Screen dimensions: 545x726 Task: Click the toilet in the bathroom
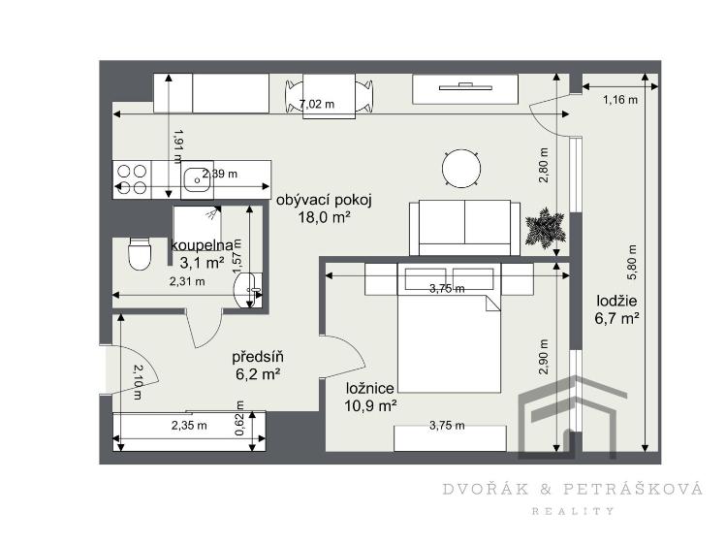click(141, 255)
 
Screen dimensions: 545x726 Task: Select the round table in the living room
click(461, 169)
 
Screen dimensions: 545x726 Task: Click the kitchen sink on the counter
click(197, 178)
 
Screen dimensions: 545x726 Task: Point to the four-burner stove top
click(132, 178)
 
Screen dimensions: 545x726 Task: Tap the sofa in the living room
click(462, 224)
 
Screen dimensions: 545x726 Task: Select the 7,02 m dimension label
click(316, 104)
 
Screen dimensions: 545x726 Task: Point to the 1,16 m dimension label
click(619, 99)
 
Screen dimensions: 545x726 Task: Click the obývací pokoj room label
click(324, 200)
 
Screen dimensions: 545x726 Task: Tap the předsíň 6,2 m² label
click(257, 364)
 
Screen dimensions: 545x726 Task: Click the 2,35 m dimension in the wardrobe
click(189, 425)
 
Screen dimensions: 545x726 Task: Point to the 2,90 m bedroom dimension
click(544, 357)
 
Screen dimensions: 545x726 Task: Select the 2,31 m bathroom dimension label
click(187, 282)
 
